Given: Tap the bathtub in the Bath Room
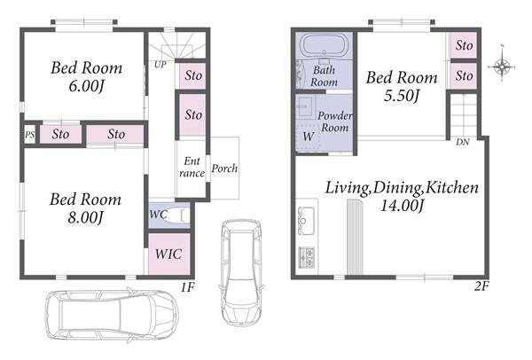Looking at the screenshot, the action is pyautogui.click(x=324, y=46).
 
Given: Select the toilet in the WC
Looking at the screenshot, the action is pyautogui.click(x=176, y=215).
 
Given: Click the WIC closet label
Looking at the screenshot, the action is pyautogui.click(x=168, y=254).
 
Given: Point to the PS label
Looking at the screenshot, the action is pyautogui.click(x=29, y=135).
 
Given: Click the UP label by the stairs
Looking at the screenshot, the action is pyautogui.click(x=160, y=65).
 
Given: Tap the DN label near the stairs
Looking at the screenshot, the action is pyautogui.click(x=463, y=142).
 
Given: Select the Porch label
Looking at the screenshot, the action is pyautogui.click(x=224, y=168).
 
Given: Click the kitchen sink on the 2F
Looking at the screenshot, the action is pyautogui.click(x=306, y=221).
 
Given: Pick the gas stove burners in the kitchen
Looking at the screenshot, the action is pyautogui.click(x=307, y=257).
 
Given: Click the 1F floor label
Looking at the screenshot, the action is pyautogui.click(x=187, y=287).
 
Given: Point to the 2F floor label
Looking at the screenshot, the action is pyautogui.click(x=481, y=286).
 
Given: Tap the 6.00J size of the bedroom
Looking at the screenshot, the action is pyautogui.click(x=86, y=86).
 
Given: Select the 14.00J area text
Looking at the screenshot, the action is pyautogui.click(x=402, y=206).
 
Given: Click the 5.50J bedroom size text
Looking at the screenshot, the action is pyautogui.click(x=402, y=96).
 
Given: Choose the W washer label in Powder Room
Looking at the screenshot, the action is pyautogui.click(x=308, y=137).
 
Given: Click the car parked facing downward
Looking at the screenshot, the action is pyautogui.click(x=241, y=273).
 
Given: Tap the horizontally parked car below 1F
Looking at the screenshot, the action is pyautogui.click(x=112, y=316).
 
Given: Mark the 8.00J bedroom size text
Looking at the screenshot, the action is pyautogui.click(x=85, y=217).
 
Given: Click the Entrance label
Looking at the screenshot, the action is pyautogui.click(x=192, y=167).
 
